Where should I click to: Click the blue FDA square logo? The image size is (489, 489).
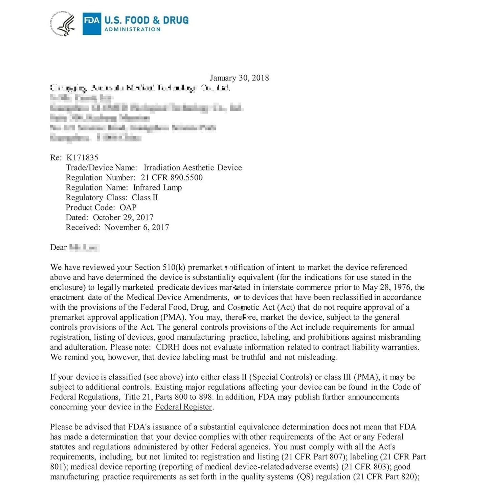92,24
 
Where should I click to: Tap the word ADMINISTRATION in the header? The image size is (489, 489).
132,29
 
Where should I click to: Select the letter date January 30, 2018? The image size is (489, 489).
239,78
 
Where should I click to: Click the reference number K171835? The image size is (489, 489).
82,158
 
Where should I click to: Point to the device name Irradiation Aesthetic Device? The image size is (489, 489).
193,168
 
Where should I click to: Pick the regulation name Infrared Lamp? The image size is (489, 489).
157,188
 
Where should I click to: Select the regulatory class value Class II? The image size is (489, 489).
145,198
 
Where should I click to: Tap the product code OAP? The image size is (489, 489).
128,207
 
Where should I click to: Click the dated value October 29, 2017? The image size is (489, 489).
123,218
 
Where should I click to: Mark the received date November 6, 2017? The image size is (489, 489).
137,227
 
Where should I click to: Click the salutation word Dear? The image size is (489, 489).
58,248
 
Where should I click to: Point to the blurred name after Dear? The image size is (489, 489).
84,248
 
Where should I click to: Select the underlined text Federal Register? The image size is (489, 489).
183,407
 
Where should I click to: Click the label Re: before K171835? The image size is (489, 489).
56,158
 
